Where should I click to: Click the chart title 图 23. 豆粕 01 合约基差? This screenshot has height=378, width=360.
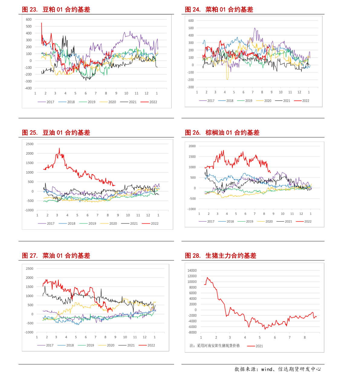click(x=56, y=10)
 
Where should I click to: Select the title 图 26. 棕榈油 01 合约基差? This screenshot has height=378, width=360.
click(x=222, y=133)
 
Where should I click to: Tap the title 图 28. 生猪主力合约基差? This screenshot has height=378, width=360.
click(x=221, y=256)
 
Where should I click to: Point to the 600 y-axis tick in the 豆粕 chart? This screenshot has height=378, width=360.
click(x=29, y=19)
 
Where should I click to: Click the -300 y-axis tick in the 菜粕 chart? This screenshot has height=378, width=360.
click(x=190, y=87)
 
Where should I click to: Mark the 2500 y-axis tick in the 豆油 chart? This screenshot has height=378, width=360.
click(x=30, y=144)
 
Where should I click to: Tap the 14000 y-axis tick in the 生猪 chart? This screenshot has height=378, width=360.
click(x=192, y=271)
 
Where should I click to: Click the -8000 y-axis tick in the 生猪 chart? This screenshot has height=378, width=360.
click(x=192, y=332)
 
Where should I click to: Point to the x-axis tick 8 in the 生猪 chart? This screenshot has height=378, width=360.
click(x=305, y=338)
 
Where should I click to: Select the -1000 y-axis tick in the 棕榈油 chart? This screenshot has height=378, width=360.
click(x=192, y=209)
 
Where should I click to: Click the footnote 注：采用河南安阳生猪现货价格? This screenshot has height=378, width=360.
click(x=215, y=346)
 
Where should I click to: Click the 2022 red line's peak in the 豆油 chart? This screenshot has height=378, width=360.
click(x=59, y=148)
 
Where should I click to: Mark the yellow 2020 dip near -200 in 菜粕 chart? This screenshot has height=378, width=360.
click(x=227, y=79)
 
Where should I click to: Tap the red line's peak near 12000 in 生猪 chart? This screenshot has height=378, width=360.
click(x=207, y=277)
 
